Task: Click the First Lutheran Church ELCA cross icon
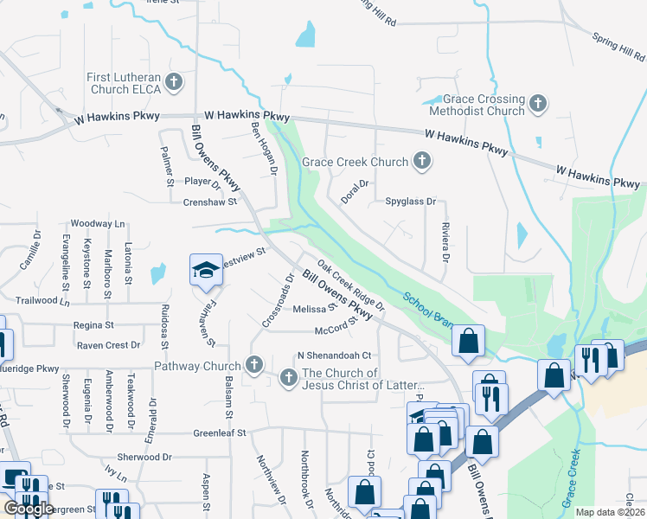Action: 174,83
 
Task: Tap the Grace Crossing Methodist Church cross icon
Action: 537,105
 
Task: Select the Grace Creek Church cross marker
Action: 421,162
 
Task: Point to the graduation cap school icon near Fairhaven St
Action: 206,270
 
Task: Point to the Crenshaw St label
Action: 209,202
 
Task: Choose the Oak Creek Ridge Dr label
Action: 350,285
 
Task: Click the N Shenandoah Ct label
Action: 334,355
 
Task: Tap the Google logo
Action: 29,509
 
